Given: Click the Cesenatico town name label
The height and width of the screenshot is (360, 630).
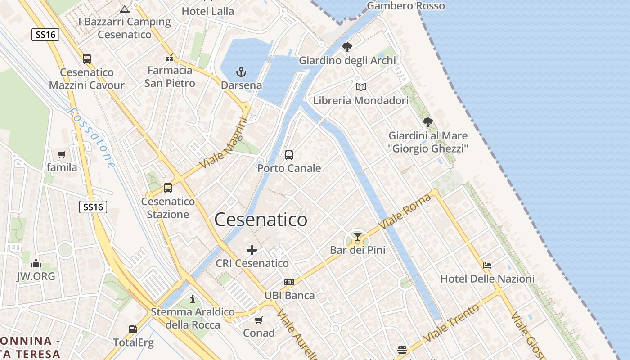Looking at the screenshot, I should coord(261,220).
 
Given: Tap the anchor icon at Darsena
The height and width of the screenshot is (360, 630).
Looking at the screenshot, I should coord(242,72).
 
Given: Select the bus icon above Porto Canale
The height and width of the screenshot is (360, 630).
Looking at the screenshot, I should coord(289,155).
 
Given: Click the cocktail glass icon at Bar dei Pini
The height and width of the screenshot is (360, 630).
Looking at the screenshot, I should coord(358,237).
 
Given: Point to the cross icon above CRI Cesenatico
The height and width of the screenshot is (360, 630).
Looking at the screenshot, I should coord(252,250).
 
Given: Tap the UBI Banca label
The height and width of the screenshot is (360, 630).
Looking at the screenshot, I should coord(289,295).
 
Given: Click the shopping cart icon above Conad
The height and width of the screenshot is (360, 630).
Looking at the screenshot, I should coord(258,320).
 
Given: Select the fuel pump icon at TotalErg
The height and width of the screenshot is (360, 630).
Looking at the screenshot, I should coord(133,329).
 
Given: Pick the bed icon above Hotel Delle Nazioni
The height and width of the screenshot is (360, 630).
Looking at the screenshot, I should coord(487,265).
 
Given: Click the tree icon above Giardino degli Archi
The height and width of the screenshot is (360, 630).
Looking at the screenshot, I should coord(347,47).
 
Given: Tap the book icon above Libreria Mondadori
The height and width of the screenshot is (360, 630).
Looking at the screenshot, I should coord(360,87).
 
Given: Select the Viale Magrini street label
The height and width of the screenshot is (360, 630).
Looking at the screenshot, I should coord(224,143).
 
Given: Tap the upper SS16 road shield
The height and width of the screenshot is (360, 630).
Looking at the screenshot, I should coord(45,35).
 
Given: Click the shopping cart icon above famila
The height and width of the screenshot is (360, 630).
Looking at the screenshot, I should coord(62,155).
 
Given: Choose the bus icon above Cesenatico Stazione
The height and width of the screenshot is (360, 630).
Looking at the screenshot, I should coord(168,188).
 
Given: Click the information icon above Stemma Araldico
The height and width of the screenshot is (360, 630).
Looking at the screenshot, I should coord(193,299).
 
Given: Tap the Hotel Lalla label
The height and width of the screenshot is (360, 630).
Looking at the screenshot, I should coord(208,11).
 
